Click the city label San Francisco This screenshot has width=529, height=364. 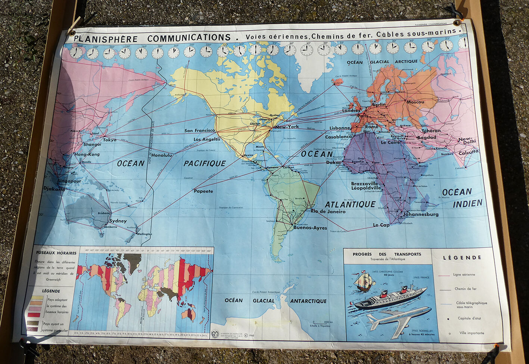pyautogui.click(x=200, y=131)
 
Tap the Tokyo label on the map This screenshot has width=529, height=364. pyautogui.click(x=109, y=140)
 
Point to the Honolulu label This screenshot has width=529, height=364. pyautogui.click(x=162, y=155)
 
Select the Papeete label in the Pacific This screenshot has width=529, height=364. pyautogui.click(x=203, y=191)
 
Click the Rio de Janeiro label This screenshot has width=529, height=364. pyautogui.click(x=328, y=211)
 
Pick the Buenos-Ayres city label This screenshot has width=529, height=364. pyautogui.click(x=310, y=227)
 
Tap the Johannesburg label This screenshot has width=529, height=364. pyautogui.click(x=421, y=214)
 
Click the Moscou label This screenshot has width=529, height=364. pyautogui.click(x=415, y=102)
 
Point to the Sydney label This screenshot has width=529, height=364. pyautogui.click(x=118, y=221)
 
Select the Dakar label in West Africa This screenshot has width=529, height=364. pyautogui.click(x=333, y=162)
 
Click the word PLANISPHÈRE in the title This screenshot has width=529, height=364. pyautogui.click(x=106, y=39)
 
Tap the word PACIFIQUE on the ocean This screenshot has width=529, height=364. pyautogui.click(x=205, y=163)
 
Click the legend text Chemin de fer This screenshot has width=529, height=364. pyautogui.click(x=465, y=289)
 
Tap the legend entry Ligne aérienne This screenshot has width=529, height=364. pyautogui.click(x=464, y=275)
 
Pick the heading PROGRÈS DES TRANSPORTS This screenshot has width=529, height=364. pyautogui.click(x=387, y=254)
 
